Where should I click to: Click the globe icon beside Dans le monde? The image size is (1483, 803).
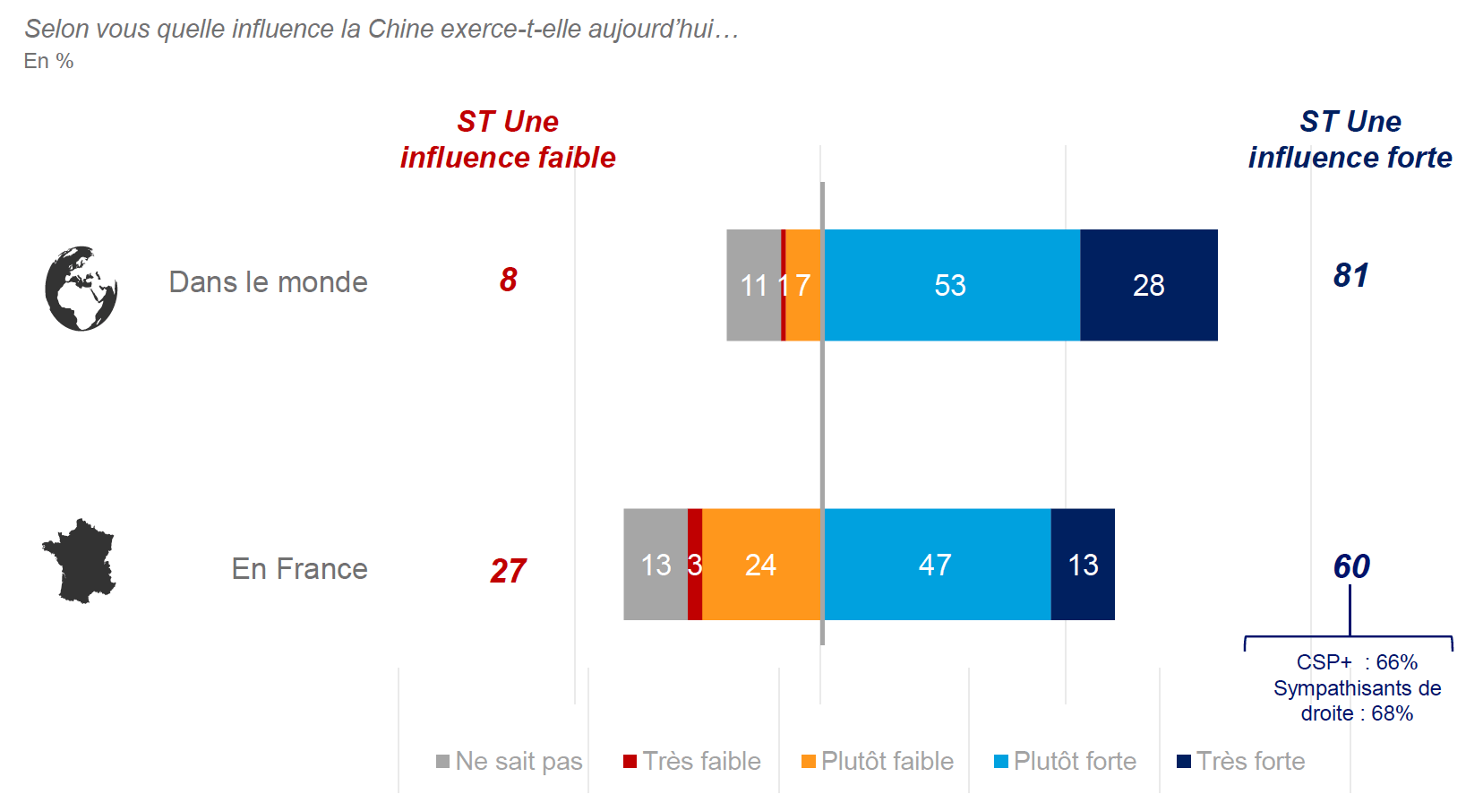click(x=81, y=289)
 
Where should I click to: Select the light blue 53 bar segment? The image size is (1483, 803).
click(x=951, y=285)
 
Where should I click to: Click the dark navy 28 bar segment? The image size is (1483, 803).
click(x=1148, y=285)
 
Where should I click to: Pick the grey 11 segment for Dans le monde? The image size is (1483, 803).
click(x=753, y=285)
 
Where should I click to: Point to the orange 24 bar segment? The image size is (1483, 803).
click(x=761, y=565)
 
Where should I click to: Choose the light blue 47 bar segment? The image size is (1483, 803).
click(x=936, y=565)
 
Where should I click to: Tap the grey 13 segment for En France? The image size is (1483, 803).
click(x=656, y=565)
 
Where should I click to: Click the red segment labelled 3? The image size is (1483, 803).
click(x=695, y=565)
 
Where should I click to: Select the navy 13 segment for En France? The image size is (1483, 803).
click(x=1083, y=565)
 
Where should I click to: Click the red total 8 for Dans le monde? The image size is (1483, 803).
click(x=508, y=280)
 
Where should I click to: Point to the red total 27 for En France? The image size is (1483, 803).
click(x=508, y=570)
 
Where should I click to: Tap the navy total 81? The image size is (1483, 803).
click(x=1350, y=275)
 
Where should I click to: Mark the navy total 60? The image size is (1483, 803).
click(x=1350, y=566)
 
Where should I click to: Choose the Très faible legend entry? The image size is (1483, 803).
click(x=692, y=761)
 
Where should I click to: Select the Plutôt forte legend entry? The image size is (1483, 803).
click(x=1065, y=761)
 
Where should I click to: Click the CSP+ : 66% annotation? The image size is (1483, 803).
click(x=1357, y=662)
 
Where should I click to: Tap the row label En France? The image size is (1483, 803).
click(x=299, y=568)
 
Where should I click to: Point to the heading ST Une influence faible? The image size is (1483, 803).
click(x=508, y=139)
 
